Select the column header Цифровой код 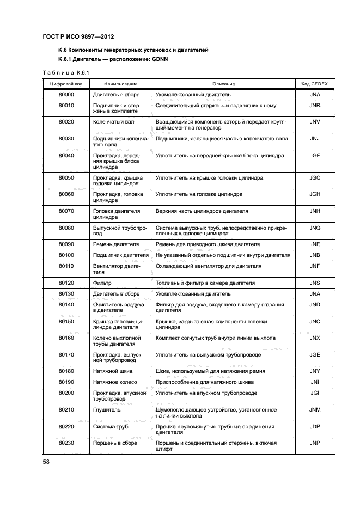pos(66,84)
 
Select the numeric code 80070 pos(66,211)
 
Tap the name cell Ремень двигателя pos(116,244)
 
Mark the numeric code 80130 pos(66,293)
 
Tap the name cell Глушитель pos(107,409)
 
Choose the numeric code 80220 pos(66,426)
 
